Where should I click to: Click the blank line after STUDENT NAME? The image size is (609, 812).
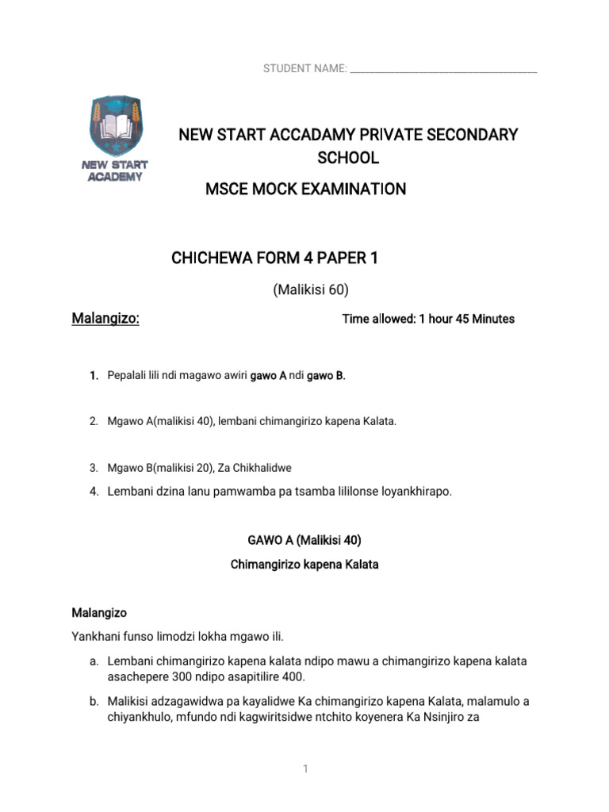[443, 70]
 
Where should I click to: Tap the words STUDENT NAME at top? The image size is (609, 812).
[304, 70]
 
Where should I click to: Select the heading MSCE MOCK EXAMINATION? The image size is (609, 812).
[305, 190]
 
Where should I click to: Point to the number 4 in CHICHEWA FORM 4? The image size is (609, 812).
[304, 259]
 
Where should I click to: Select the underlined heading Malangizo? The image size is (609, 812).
[105, 319]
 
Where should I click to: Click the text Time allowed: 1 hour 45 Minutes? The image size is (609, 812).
[428, 320]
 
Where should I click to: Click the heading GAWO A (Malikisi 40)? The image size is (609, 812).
[304, 541]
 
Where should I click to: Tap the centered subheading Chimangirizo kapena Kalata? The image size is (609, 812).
[304, 565]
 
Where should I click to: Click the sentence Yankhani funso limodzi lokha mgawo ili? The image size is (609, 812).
[178, 637]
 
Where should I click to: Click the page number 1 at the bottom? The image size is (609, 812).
[304, 770]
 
